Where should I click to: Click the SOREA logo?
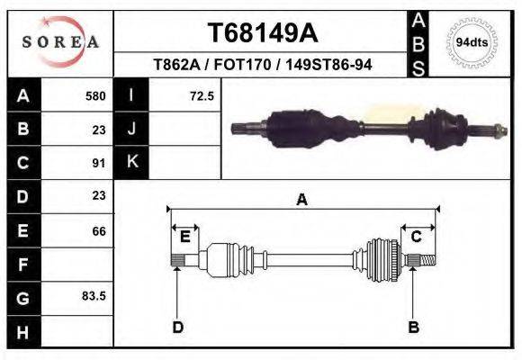pyautogui.click(x=60, y=42)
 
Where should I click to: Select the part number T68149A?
pyautogui.click(x=262, y=33)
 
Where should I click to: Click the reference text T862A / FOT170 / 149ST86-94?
pyautogui.click(x=262, y=65)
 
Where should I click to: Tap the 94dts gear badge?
pyautogui.click(x=471, y=42)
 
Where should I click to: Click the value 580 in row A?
pyautogui.click(x=95, y=95)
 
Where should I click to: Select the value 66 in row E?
pyautogui.click(x=98, y=231)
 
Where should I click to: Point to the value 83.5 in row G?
pyautogui.click(x=94, y=296)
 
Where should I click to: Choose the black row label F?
pyautogui.click(x=22, y=265)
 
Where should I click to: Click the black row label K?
pyautogui.click(x=132, y=162)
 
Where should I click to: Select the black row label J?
pyautogui.click(x=132, y=129)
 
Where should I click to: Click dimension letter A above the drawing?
pyautogui.click(x=301, y=200)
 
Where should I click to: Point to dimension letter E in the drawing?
pyautogui.click(x=184, y=237)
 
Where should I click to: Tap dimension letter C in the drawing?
pyautogui.click(x=417, y=237)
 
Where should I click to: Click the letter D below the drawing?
pyautogui.click(x=178, y=328)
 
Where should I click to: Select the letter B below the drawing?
pyautogui.click(x=414, y=328)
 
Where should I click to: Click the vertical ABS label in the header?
pyautogui.click(x=418, y=42)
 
